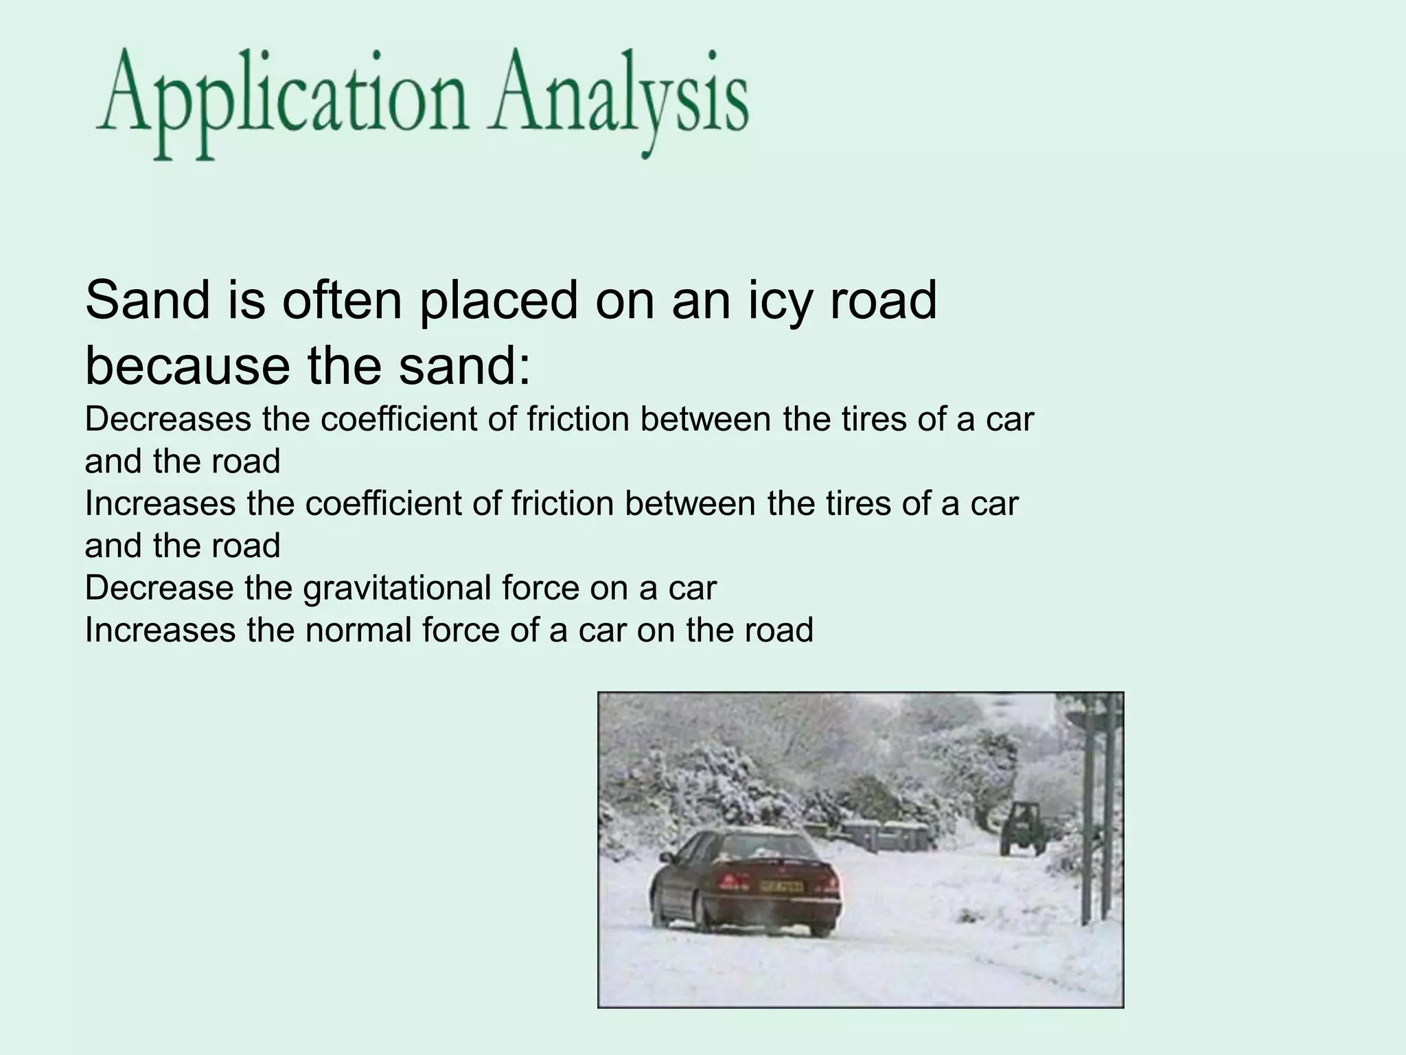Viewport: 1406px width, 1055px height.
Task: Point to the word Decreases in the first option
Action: point(168,420)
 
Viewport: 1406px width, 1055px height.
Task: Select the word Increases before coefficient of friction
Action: point(160,504)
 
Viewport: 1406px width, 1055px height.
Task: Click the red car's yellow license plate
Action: point(781,887)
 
